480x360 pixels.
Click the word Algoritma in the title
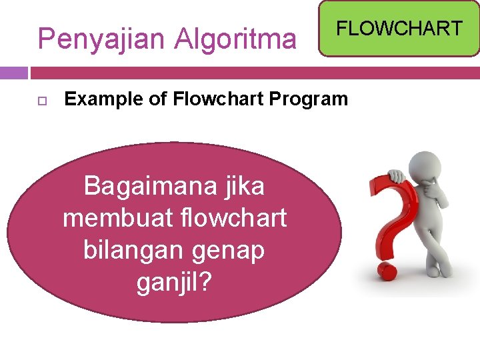tap(235, 39)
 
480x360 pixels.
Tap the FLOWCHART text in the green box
tap(399, 28)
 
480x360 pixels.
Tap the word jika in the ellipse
tap(244, 186)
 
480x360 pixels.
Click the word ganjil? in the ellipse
tap(174, 282)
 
